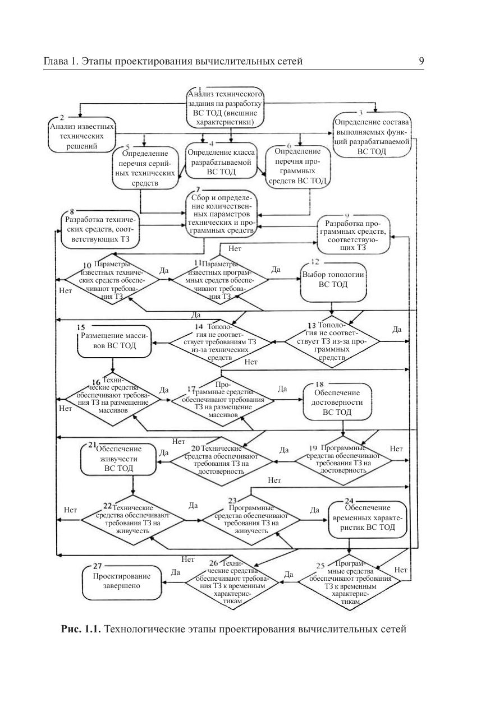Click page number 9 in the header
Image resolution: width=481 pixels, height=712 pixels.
[x=421, y=61]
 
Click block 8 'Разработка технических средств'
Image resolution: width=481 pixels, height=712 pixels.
[x=100, y=229]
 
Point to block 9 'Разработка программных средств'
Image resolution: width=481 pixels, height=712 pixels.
[x=354, y=232]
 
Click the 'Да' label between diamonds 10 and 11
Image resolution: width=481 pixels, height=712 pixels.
[x=164, y=270]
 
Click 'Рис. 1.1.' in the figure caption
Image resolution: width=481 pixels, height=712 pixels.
[x=80, y=629]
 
